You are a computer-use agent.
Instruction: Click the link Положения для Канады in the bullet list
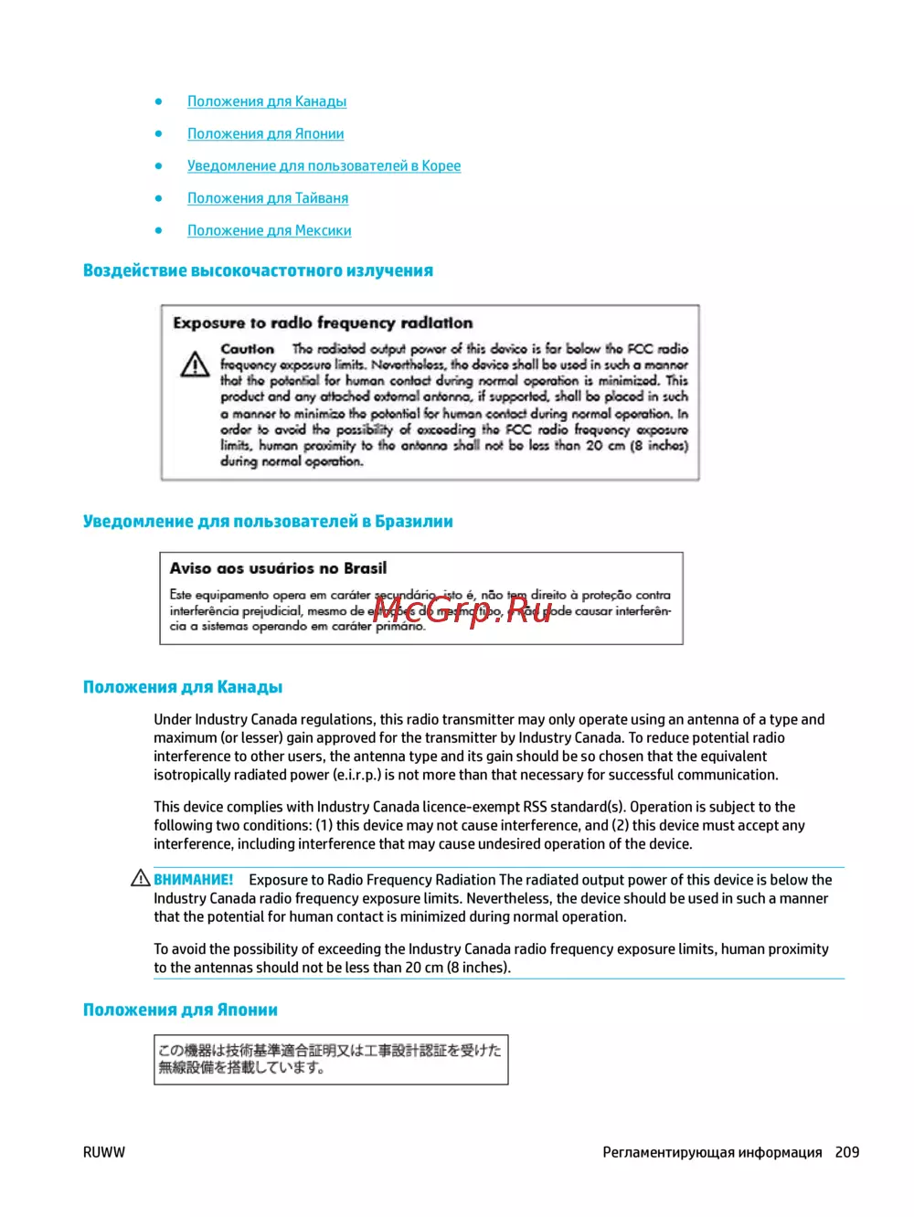point(267,101)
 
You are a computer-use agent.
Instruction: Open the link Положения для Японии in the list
point(266,133)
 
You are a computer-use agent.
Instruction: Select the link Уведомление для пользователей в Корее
point(324,165)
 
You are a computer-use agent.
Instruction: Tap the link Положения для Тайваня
point(268,198)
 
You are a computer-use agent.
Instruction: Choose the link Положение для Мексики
point(270,230)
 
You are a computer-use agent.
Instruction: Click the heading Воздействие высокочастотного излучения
point(258,270)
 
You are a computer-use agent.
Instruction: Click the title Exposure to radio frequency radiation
point(323,323)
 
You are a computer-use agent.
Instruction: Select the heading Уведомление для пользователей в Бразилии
point(268,522)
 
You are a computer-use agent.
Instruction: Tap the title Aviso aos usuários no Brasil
point(278,568)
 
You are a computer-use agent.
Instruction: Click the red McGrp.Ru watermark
point(462,608)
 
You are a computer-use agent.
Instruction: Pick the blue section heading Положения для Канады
point(183,687)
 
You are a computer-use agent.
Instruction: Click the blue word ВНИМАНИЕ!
point(194,880)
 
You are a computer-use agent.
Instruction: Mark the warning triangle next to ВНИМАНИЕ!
point(141,878)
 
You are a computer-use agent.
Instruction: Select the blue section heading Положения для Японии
point(180,1010)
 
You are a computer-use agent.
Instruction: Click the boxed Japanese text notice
point(330,1059)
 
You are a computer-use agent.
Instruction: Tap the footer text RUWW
point(104,1152)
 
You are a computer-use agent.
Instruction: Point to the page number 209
point(847,1152)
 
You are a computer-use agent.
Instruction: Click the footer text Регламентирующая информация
point(712,1152)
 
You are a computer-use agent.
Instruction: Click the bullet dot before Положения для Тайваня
point(159,198)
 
